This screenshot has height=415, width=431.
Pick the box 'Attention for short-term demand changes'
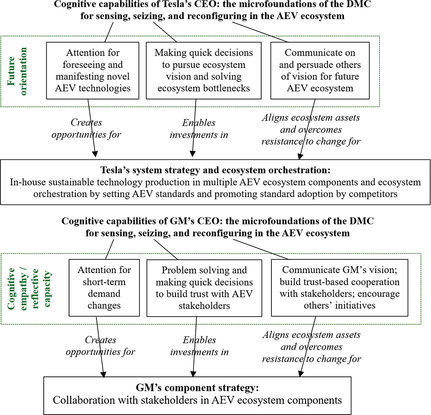[x=105, y=287]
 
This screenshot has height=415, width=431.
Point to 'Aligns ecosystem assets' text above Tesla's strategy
[x=310, y=117]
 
